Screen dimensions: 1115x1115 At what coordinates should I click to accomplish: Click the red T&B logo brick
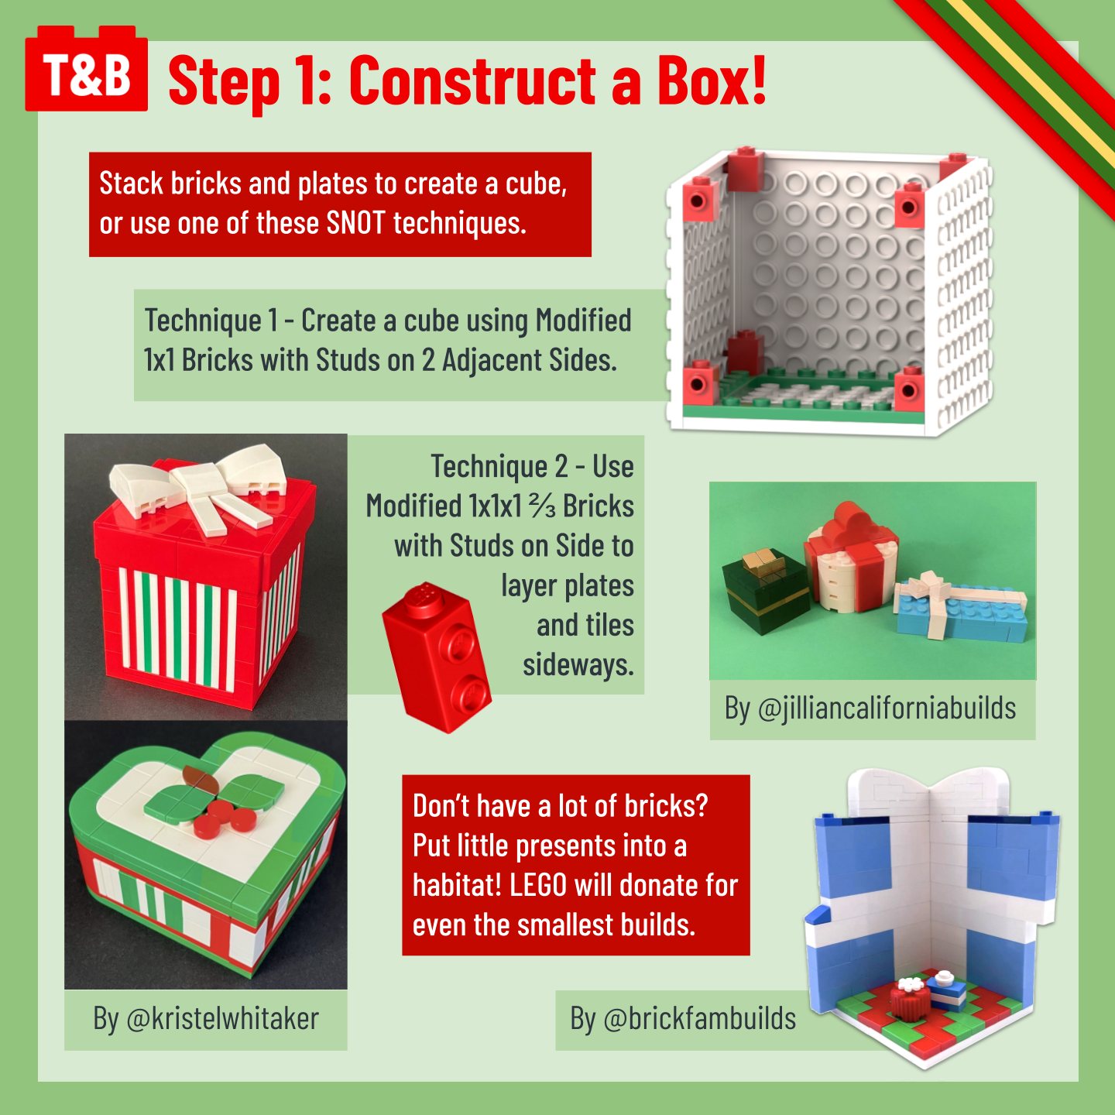pyautogui.click(x=86, y=70)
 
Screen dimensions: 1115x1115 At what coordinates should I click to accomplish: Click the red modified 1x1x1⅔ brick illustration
pyautogui.click(x=436, y=657)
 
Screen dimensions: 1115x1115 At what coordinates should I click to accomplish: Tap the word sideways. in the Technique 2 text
pyautogui.click(x=578, y=665)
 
